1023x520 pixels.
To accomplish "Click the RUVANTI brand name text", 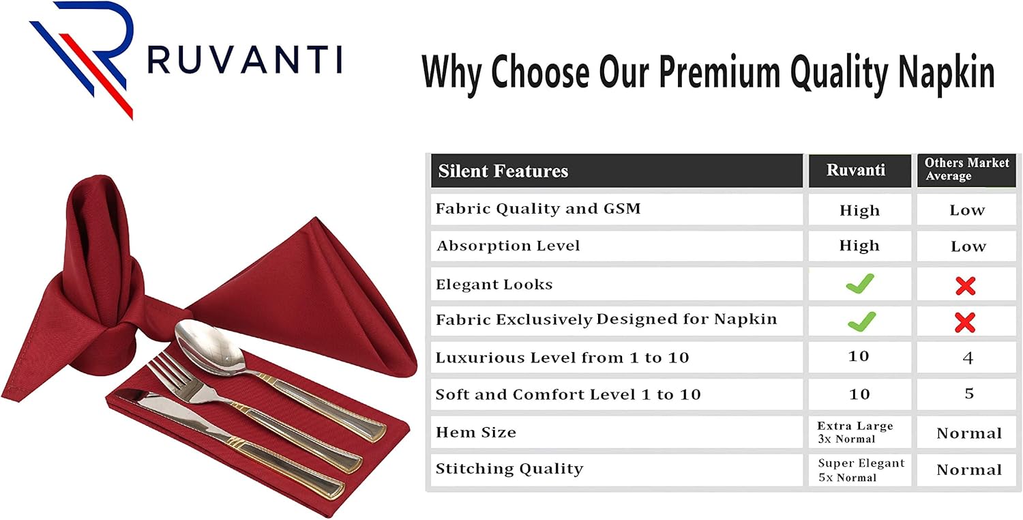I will click(244, 60).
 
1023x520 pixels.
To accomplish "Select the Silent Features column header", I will click(503, 171).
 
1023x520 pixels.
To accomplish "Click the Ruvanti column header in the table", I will click(856, 171).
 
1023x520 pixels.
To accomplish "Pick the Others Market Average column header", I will click(966, 169).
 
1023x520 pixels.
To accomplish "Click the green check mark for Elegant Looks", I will click(860, 284).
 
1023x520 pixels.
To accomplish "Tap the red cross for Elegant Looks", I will click(966, 286).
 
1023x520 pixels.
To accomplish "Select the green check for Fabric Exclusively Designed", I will click(861, 321).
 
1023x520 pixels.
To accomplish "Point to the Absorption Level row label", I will click(508, 246).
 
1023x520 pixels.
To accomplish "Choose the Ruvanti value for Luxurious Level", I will click(859, 357).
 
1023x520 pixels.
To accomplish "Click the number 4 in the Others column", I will click(968, 358).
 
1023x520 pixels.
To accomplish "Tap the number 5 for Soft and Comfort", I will click(969, 394).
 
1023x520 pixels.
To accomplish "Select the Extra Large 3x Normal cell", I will click(855, 433).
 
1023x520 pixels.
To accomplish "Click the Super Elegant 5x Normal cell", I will click(861, 470).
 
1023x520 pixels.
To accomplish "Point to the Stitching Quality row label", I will click(509, 469).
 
